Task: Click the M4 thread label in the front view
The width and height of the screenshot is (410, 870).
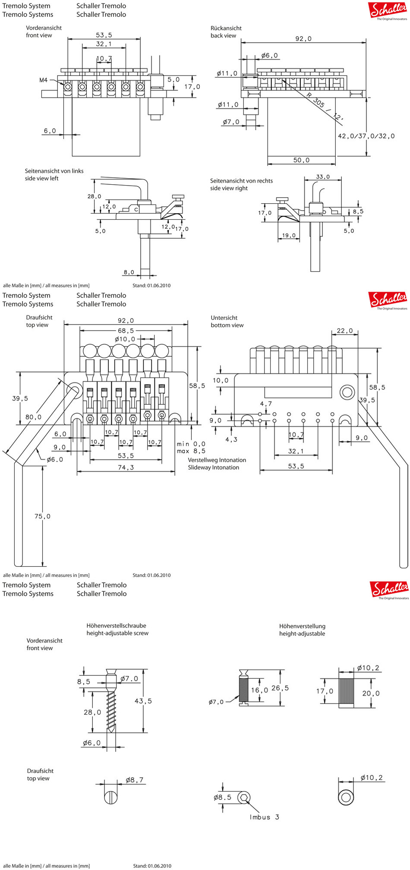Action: pyautogui.click(x=44, y=80)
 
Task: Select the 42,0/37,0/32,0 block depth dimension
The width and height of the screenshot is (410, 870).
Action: pyautogui.click(x=366, y=136)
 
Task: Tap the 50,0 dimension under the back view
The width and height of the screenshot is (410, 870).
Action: pyautogui.click(x=301, y=160)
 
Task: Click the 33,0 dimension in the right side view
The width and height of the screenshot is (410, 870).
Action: pyautogui.click(x=323, y=177)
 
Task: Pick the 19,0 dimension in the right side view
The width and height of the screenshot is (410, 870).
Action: pyautogui.click(x=289, y=236)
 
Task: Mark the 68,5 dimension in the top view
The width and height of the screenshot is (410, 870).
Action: pyautogui.click(x=126, y=331)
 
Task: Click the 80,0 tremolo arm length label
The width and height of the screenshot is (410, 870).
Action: pyautogui.click(x=33, y=417)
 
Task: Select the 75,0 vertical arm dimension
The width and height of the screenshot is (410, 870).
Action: pyautogui.click(x=42, y=516)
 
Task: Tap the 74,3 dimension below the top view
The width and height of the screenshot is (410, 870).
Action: pyautogui.click(x=126, y=467)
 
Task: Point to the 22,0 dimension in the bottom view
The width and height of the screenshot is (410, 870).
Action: pyautogui.click(x=344, y=331)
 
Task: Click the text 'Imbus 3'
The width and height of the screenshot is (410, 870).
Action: pyautogui.click(x=264, y=817)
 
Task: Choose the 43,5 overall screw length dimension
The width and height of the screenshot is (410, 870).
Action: pyautogui.click(x=143, y=701)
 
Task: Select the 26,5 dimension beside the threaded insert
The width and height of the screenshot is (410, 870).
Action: pyautogui.click(x=280, y=688)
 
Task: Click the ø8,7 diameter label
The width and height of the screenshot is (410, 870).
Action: pyautogui.click(x=134, y=780)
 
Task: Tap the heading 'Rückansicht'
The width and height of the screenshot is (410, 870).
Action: pyautogui.click(x=226, y=28)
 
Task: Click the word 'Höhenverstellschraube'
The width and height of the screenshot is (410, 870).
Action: pyautogui.click(x=116, y=625)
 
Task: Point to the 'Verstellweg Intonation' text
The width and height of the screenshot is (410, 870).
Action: pyautogui.click(x=217, y=460)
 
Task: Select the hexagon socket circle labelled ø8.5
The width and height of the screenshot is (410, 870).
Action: pyautogui.click(x=244, y=797)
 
